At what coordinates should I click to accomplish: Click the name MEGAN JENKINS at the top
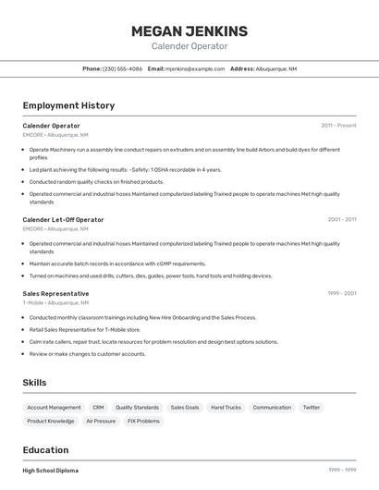[189, 31]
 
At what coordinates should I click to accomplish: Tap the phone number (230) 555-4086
[122, 68]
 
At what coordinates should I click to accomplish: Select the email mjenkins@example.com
[195, 68]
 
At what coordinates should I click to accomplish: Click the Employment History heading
[68, 105]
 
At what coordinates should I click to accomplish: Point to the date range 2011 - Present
[338, 126]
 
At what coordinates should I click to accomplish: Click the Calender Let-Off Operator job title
[63, 220]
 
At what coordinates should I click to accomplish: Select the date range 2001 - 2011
[341, 220]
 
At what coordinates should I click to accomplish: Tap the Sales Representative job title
[55, 293]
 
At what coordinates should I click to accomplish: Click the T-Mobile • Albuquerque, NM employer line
[55, 302]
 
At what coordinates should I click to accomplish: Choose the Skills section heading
[34, 383]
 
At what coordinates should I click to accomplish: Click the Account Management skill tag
[54, 407]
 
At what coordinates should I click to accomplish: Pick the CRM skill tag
[98, 407]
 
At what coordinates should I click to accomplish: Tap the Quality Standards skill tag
[137, 407]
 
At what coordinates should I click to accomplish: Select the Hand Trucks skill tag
[226, 407]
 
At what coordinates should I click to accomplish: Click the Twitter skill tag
[312, 407]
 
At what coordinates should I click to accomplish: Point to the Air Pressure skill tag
[101, 421]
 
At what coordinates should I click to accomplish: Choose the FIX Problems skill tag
[143, 421]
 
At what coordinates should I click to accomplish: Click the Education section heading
[45, 450]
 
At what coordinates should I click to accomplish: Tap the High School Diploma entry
[50, 471]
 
